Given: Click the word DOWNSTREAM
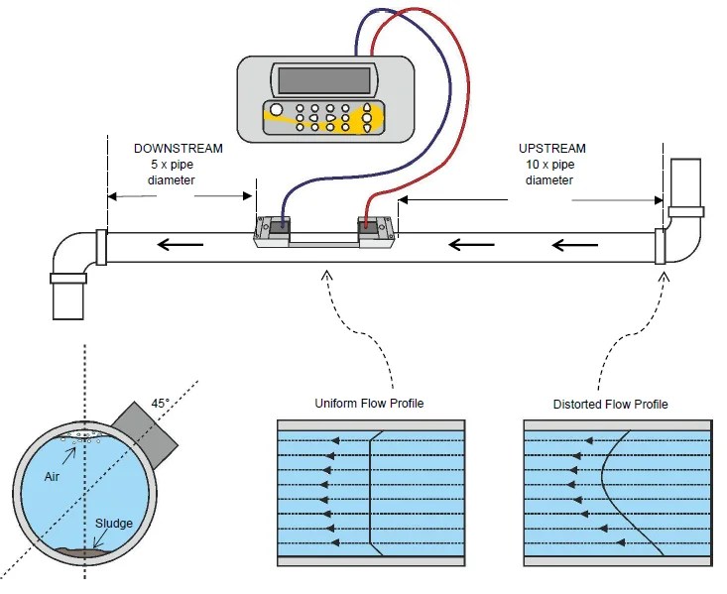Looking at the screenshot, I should [x=179, y=148].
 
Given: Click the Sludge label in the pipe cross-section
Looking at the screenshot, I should [x=114, y=523].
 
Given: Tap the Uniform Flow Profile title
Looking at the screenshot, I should [x=369, y=404].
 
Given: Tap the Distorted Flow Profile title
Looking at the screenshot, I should [x=610, y=404].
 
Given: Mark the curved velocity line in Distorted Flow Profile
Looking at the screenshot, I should [x=605, y=486].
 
